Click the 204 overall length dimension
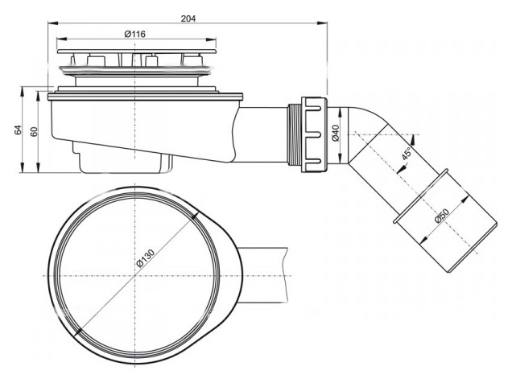pyautogui.click(x=188, y=19)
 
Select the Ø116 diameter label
pyautogui.click(x=135, y=34)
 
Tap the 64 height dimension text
pyautogui.click(x=18, y=130)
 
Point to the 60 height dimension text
pyautogui.click(x=34, y=131)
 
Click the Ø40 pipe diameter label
pyautogui.click(x=336, y=133)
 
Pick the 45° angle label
pyautogui.click(x=407, y=154)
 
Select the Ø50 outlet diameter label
pyautogui.click(x=442, y=216)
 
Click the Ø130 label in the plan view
pyautogui.click(x=145, y=258)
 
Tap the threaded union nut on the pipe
pyautogui.click(x=314, y=134)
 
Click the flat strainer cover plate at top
pyautogui.click(x=137, y=51)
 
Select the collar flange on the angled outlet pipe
pyautogui.click(x=420, y=196)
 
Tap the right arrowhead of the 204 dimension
pyautogui.click(x=324, y=23)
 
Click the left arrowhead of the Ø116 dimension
pyautogui.click(x=61, y=39)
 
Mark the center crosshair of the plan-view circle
pyautogui.click(x=135, y=276)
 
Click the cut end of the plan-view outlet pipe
pyautogui.click(x=287, y=276)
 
